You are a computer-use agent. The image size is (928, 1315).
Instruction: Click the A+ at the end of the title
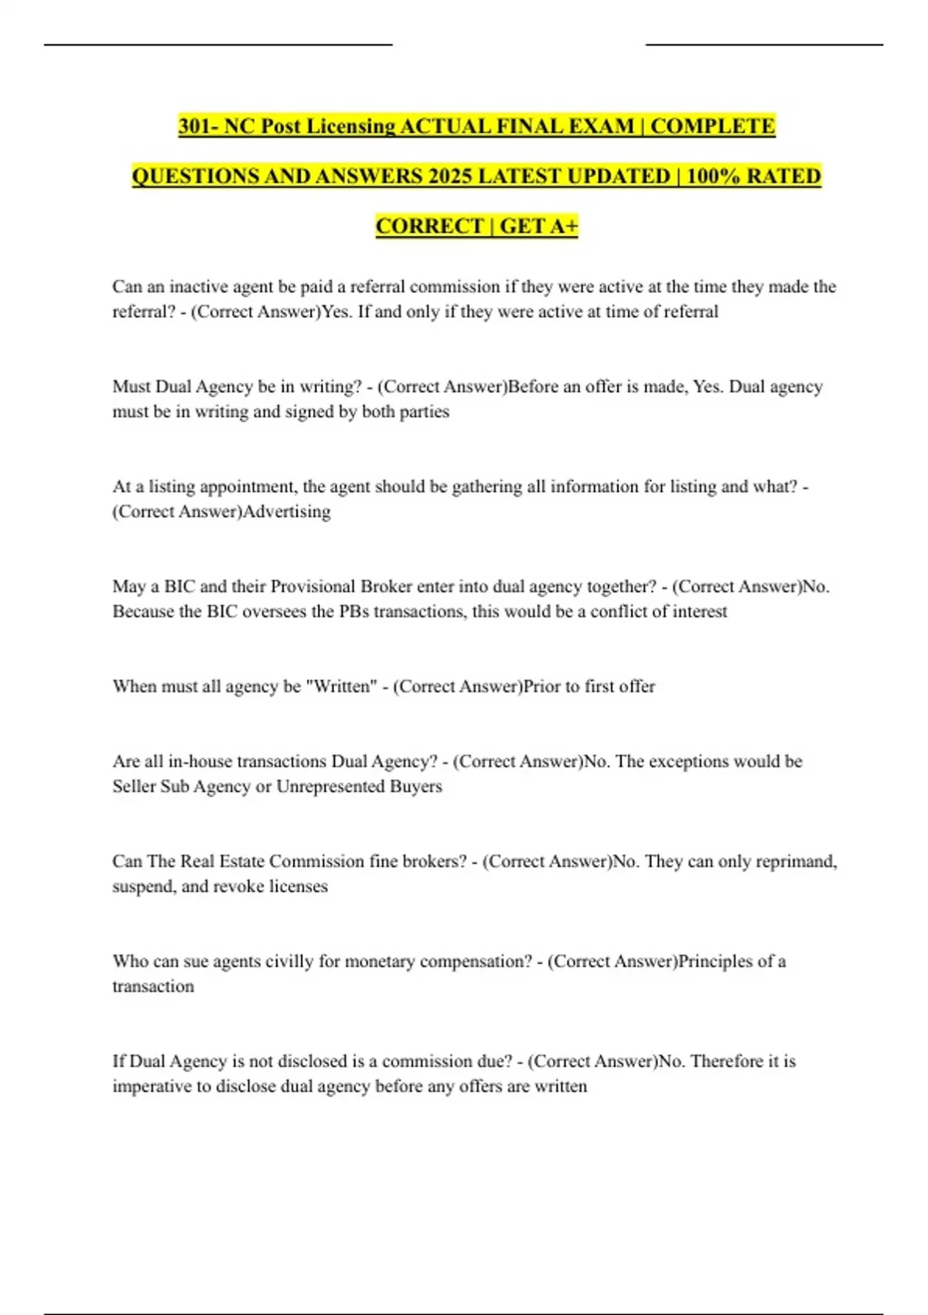click(561, 226)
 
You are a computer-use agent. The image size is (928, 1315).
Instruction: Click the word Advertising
click(287, 511)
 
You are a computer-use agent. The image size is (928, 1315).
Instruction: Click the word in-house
click(200, 761)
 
